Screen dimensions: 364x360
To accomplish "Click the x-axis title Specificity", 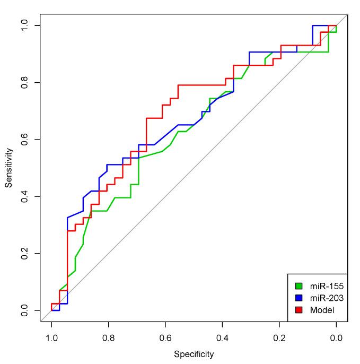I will point(194,354).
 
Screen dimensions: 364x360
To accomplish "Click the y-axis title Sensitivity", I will point(8,168).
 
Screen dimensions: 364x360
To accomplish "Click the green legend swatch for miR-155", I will point(299,287).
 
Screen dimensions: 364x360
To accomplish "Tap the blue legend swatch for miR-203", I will point(299,298).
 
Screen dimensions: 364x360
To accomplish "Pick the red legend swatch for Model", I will point(299,310).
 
